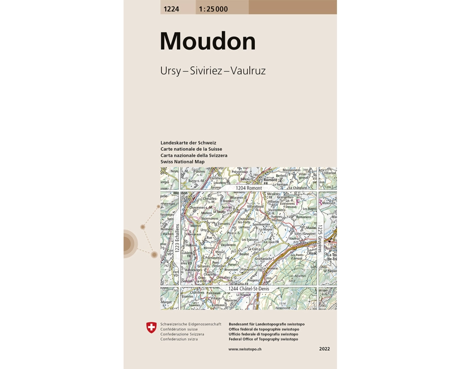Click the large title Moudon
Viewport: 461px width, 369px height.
[207, 42]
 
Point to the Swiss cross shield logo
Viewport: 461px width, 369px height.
[151, 328]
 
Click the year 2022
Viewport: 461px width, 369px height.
[325, 349]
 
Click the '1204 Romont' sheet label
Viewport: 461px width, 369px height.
[248, 188]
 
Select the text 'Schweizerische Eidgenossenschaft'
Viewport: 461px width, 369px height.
[191, 324]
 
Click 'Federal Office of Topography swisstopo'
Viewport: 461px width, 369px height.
[263, 339]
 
